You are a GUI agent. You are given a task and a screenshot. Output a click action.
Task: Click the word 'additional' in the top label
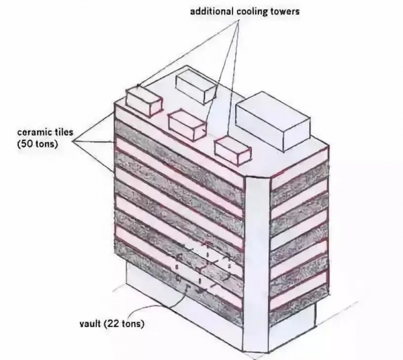point(212,11)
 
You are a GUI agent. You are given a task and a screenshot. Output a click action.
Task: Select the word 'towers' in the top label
point(286,12)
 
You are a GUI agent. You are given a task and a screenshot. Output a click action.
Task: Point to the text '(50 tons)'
point(38,144)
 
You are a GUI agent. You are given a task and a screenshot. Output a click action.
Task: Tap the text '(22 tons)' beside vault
point(124,324)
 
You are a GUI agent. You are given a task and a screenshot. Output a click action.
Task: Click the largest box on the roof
point(273,121)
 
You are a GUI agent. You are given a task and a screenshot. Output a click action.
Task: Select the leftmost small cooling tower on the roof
point(144,102)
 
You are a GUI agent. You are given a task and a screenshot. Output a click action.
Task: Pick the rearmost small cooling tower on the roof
point(196,86)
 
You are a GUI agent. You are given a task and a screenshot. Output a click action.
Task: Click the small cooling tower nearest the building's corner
point(232,150)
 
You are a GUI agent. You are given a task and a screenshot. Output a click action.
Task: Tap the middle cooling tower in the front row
point(187,124)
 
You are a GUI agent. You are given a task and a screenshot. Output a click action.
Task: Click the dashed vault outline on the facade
point(203,267)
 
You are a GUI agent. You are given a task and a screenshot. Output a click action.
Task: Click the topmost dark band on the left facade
point(179,155)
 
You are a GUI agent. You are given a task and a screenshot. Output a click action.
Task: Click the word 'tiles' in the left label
point(64,132)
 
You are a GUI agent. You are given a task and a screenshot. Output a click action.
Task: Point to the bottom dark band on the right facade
point(299,303)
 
